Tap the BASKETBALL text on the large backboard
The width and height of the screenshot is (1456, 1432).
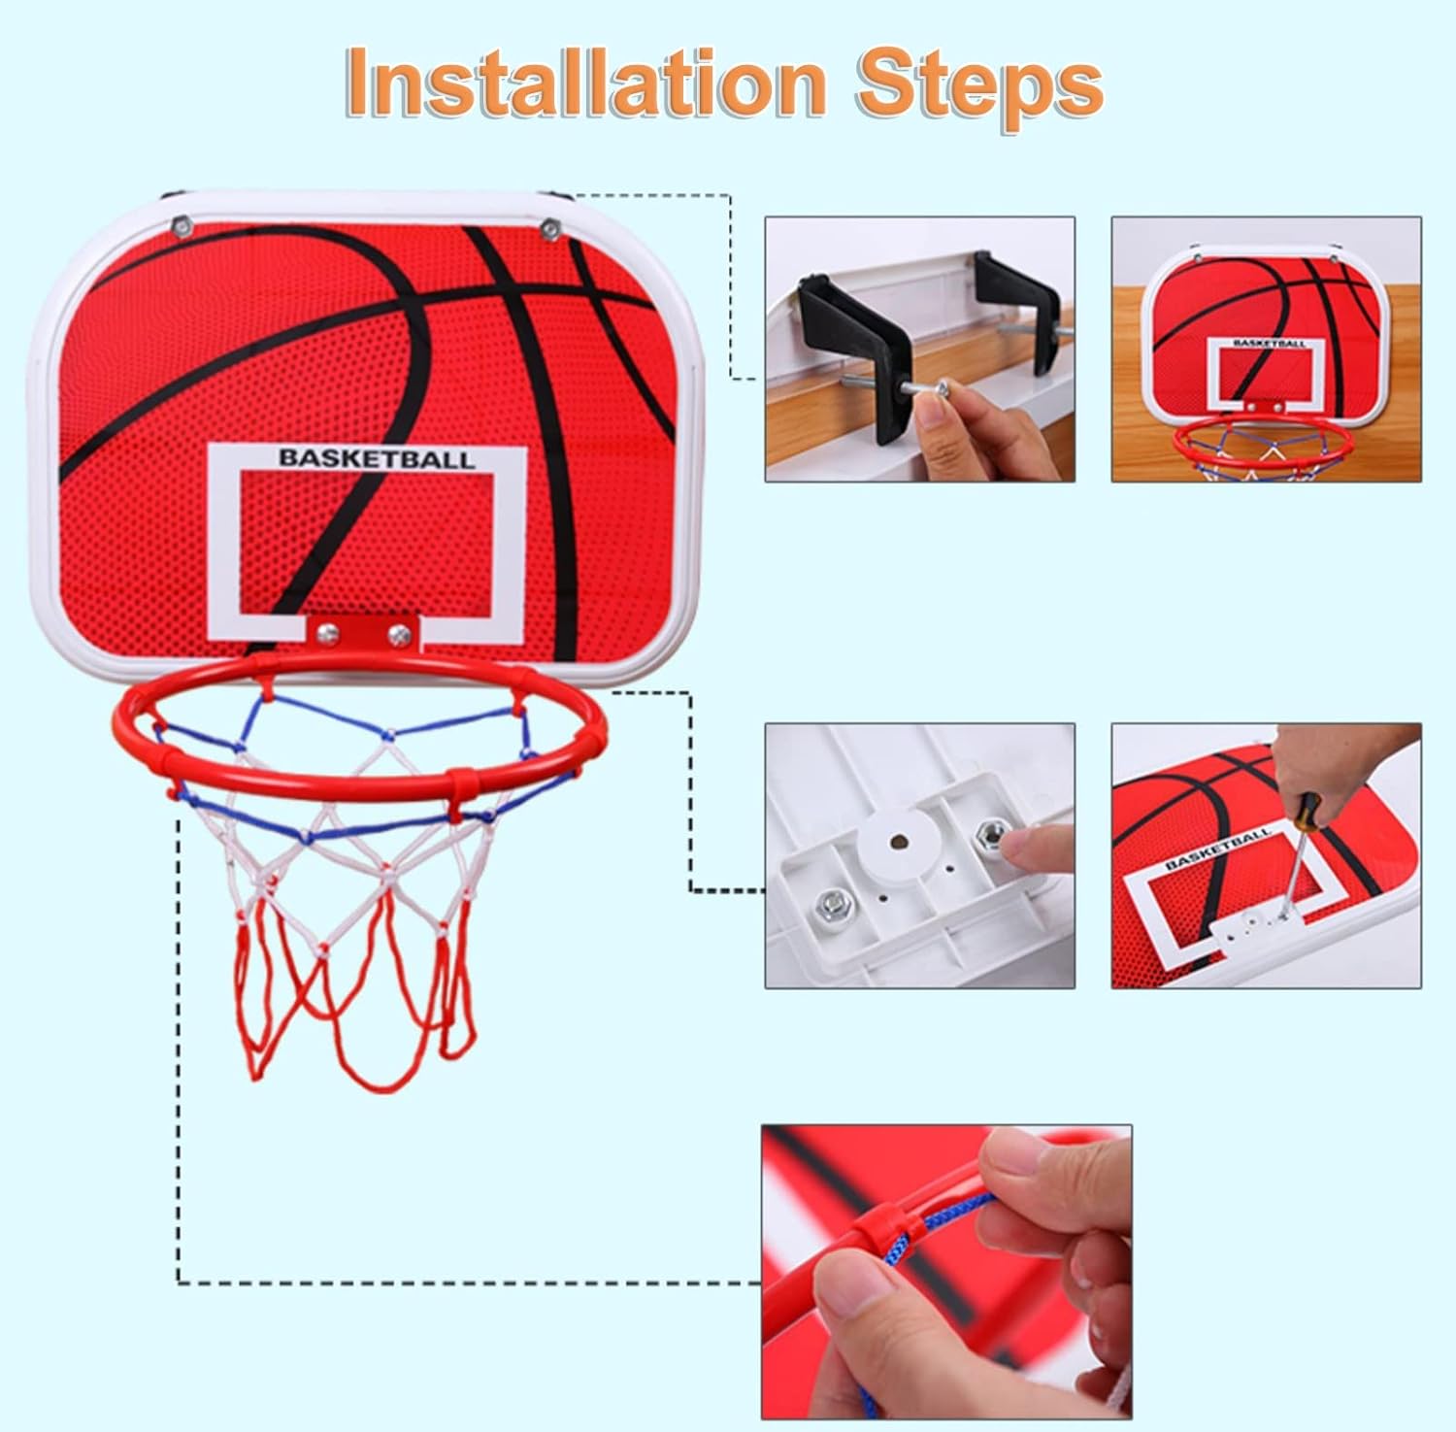[x=378, y=459]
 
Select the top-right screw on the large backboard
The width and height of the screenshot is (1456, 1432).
[x=550, y=229]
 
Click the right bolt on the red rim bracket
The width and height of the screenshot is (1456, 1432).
[x=399, y=634]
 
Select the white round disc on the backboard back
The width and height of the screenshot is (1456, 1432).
[x=902, y=845]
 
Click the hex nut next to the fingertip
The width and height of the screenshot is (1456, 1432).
[x=990, y=832]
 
